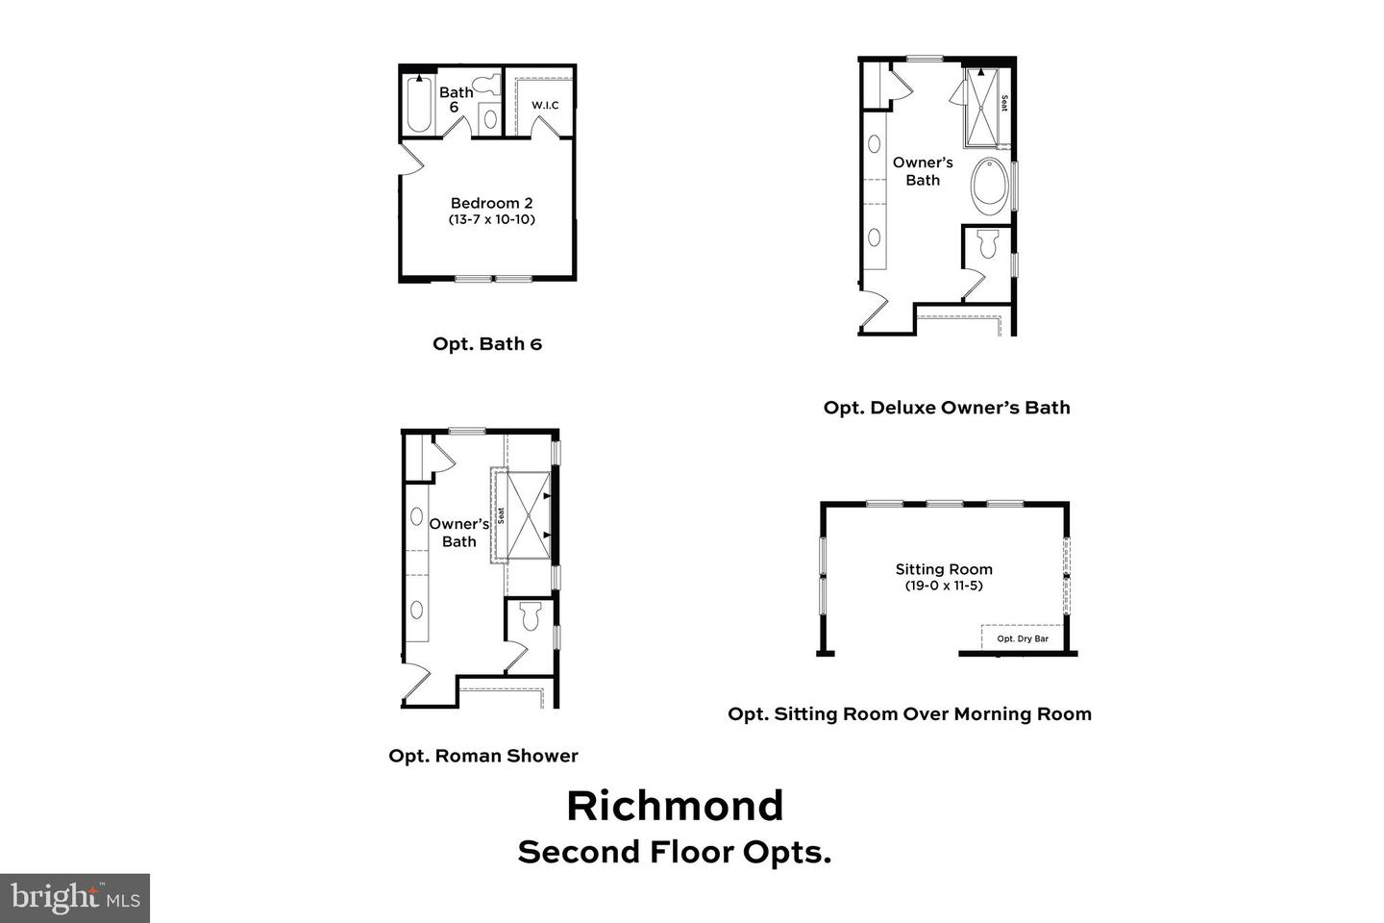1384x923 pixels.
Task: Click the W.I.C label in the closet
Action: coord(545,105)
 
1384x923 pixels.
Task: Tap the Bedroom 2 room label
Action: coord(491,203)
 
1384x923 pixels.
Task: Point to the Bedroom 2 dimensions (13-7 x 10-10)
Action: coord(491,219)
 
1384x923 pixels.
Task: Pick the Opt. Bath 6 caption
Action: coord(487,343)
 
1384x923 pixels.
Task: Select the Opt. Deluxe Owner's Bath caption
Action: coord(947,407)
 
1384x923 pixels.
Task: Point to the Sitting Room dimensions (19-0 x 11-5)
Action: coord(944,586)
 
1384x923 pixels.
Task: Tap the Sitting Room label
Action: coord(944,569)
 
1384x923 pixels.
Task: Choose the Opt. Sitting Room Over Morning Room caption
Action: coord(909,713)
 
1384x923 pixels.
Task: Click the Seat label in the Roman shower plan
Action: coord(501,515)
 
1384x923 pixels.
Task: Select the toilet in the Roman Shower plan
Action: coord(530,616)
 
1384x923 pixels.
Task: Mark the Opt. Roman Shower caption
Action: coord(483,756)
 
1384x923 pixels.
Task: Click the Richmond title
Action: coord(675,806)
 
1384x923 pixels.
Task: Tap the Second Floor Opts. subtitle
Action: coord(675,852)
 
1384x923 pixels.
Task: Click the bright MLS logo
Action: coord(75,898)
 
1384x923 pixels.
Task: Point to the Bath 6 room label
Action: coord(456,99)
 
